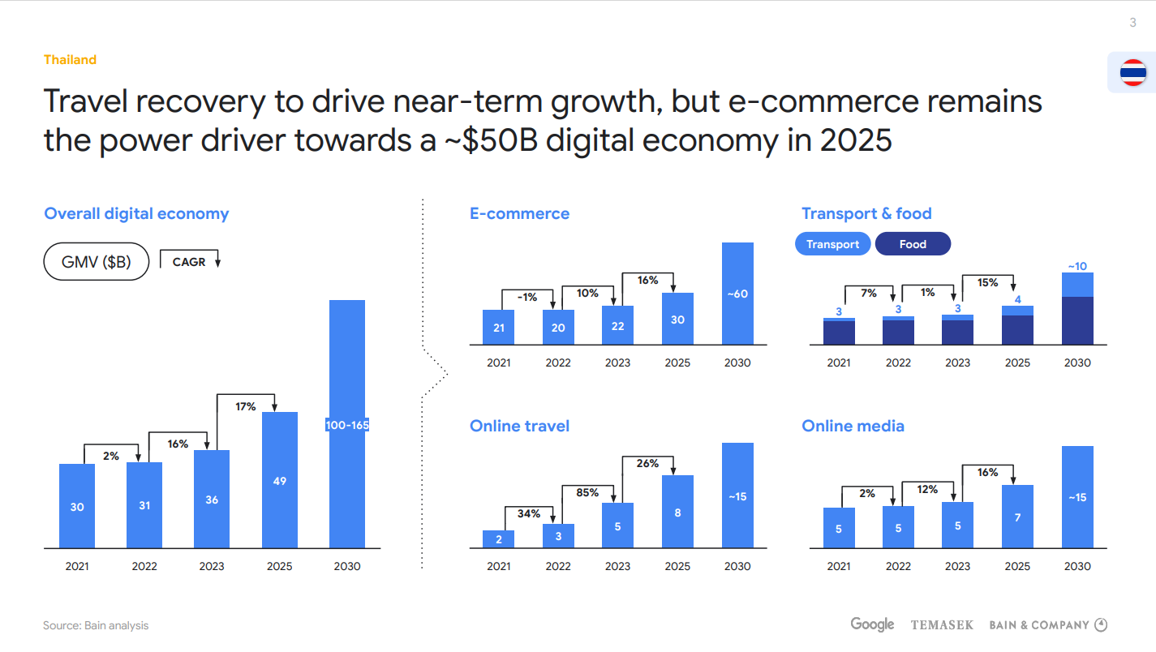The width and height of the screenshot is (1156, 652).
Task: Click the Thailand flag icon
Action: point(1132,73)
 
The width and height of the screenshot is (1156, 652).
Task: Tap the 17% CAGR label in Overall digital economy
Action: point(246,406)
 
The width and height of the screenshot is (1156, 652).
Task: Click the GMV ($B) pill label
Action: point(96,262)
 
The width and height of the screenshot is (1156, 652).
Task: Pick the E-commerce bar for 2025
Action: point(677,319)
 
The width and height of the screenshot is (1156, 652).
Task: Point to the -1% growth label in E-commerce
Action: point(527,298)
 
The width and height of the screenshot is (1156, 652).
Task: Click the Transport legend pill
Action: point(832,244)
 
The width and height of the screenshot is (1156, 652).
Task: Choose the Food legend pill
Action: point(913,244)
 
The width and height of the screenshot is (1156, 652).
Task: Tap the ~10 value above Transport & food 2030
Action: point(1077,266)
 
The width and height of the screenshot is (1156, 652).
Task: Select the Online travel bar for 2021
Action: point(499,539)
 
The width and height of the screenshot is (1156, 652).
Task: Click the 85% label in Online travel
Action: point(587,492)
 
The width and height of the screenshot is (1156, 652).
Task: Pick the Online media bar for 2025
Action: point(1017,517)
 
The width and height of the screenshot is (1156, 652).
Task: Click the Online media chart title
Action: point(853,426)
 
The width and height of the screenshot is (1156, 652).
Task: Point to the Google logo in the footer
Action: point(872,624)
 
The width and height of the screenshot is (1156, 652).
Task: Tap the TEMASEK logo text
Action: point(942,625)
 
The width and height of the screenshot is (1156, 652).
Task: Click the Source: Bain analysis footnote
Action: point(96,625)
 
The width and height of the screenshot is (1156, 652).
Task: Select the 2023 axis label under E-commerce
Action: point(617,362)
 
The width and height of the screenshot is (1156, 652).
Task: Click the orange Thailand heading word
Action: point(70,59)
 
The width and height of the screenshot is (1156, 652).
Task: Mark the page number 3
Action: point(1133,23)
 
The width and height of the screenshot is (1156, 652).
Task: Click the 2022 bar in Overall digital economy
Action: point(144,505)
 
